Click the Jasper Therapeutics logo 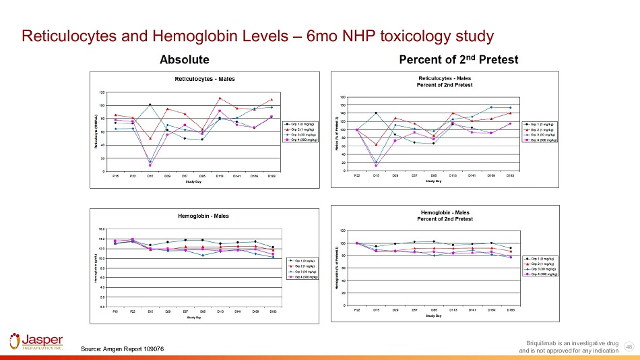click(x=36, y=341)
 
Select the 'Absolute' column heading click(x=184, y=60)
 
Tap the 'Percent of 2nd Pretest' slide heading click(x=458, y=60)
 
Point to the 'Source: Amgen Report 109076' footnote click(x=122, y=349)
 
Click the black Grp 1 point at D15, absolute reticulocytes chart click(x=150, y=104)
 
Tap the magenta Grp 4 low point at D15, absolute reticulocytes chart click(x=150, y=164)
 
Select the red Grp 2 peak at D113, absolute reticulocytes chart click(x=220, y=98)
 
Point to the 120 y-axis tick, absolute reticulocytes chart click(x=101, y=92)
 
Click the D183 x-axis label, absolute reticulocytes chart click(x=271, y=177)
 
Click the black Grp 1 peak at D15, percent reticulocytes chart click(x=376, y=113)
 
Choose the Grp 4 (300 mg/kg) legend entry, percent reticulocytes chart click(x=544, y=140)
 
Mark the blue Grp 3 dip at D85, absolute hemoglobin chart click(x=202, y=256)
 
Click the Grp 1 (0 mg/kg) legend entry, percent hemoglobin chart click(x=543, y=258)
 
